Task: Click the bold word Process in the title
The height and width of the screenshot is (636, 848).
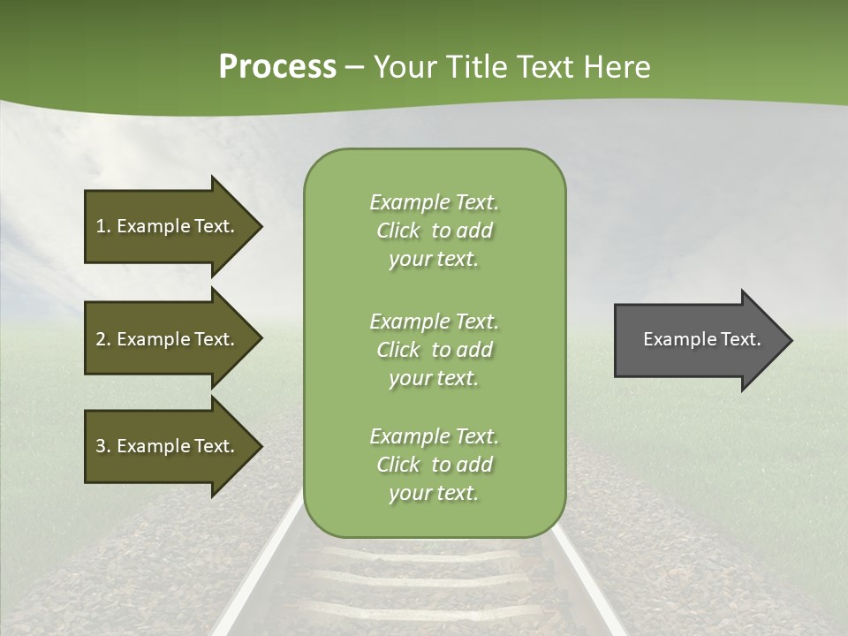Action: [277, 67]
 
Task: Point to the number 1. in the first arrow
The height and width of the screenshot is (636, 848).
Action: [103, 226]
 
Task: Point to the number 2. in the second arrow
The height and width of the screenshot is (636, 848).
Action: [103, 339]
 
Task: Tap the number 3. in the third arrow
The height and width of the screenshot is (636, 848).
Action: [103, 446]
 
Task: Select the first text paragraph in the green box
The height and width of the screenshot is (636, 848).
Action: [434, 231]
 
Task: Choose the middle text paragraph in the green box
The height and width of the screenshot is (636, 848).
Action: [434, 350]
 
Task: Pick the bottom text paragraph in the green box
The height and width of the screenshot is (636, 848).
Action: [434, 465]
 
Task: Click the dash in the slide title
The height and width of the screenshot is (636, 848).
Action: [354, 67]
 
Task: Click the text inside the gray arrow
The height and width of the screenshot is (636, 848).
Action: [702, 339]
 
